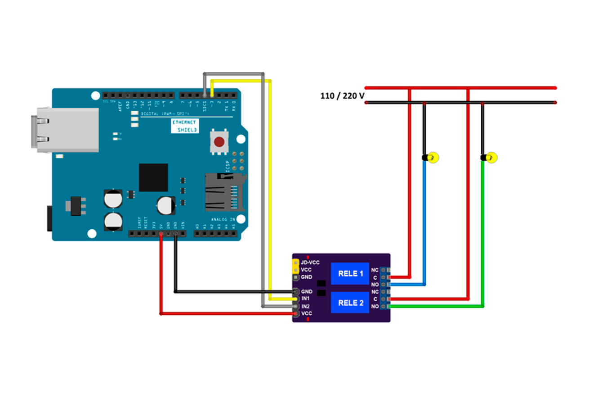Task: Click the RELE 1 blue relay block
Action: [x=350, y=273]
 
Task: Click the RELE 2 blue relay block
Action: [x=350, y=303]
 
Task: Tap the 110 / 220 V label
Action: [x=342, y=96]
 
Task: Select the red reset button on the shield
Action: [x=219, y=142]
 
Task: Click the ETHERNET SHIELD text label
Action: [x=184, y=126]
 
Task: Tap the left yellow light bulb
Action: [x=432, y=158]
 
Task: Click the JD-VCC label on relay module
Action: [x=310, y=262]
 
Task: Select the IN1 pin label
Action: [x=306, y=299]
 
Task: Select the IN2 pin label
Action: [x=306, y=306]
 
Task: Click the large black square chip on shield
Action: [x=153, y=177]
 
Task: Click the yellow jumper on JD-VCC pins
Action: [x=295, y=266]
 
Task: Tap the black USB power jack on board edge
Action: [x=49, y=218]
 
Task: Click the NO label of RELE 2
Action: [x=375, y=306]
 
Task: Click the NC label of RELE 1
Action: [x=375, y=270]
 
